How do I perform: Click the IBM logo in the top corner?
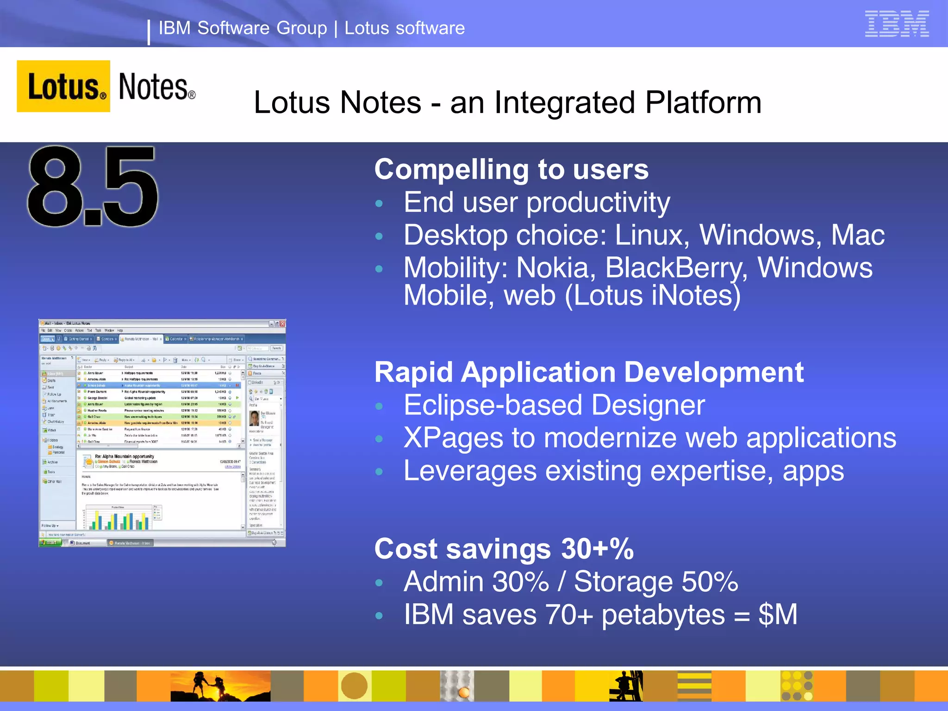tap(897, 24)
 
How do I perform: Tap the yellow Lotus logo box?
tap(63, 86)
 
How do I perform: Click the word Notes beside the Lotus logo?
tap(154, 87)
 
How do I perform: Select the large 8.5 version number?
tap(93, 187)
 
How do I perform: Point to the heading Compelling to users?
tap(511, 169)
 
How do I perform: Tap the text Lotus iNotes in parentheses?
tap(653, 295)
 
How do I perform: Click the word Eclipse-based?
tap(493, 405)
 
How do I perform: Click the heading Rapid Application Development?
tap(589, 373)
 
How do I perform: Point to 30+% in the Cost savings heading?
tap(597, 549)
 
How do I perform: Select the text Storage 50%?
tap(655, 582)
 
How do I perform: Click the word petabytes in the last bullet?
tap(663, 615)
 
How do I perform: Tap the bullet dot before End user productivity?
tap(379, 204)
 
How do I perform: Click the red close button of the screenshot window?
tap(282, 324)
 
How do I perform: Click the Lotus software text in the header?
tap(404, 28)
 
